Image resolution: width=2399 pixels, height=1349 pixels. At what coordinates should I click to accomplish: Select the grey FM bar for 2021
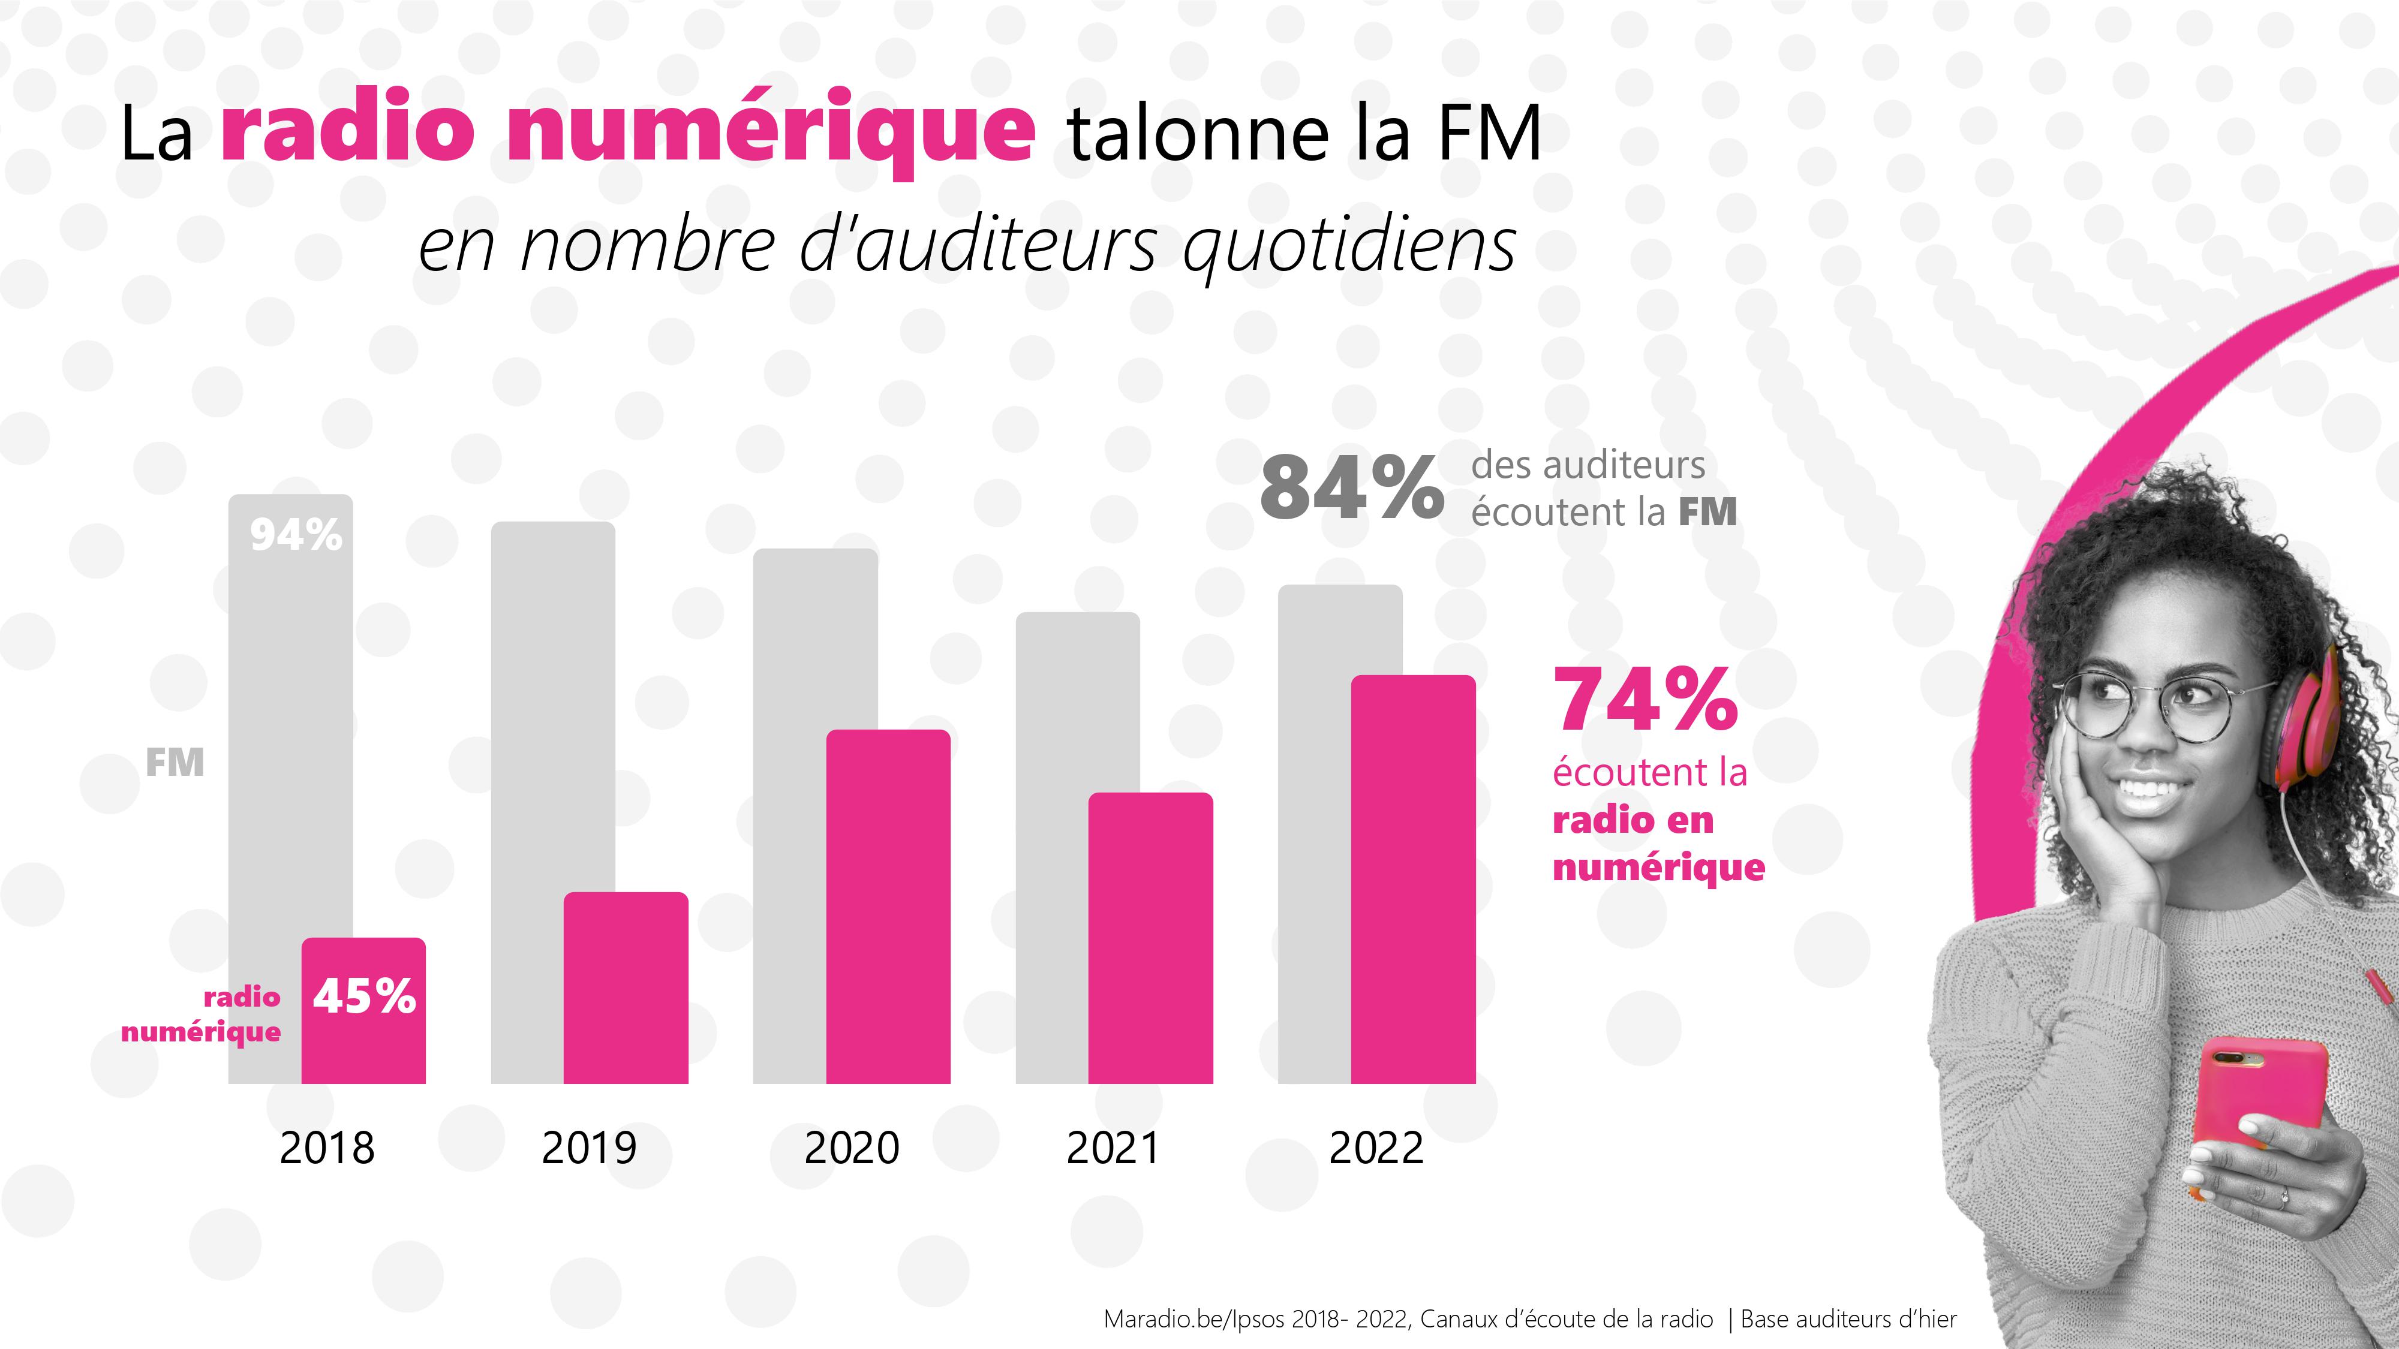coord(1053,838)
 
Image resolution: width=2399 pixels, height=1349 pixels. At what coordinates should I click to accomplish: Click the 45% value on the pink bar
coord(364,996)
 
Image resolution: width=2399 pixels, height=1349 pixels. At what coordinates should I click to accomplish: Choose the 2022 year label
coord(1375,1148)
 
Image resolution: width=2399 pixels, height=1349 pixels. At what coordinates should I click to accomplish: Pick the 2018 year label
coord(327,1148)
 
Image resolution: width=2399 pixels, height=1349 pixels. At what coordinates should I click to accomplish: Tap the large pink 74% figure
coord(1645,700)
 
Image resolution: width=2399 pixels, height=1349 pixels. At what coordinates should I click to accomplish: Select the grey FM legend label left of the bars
coord(174,763)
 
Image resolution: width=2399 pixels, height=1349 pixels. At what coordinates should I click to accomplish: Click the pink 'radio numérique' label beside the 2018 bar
coord(202,1015)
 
